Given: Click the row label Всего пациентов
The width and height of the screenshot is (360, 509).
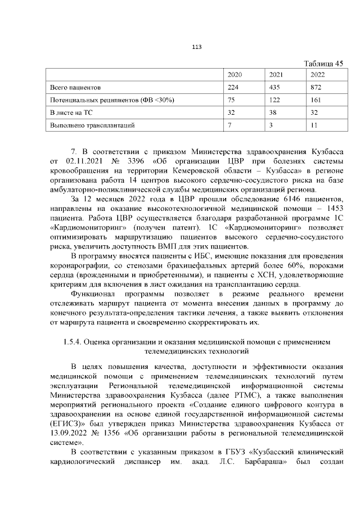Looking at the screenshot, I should pos(75,88).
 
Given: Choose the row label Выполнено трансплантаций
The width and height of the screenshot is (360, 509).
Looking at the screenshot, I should pos(92,125).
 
